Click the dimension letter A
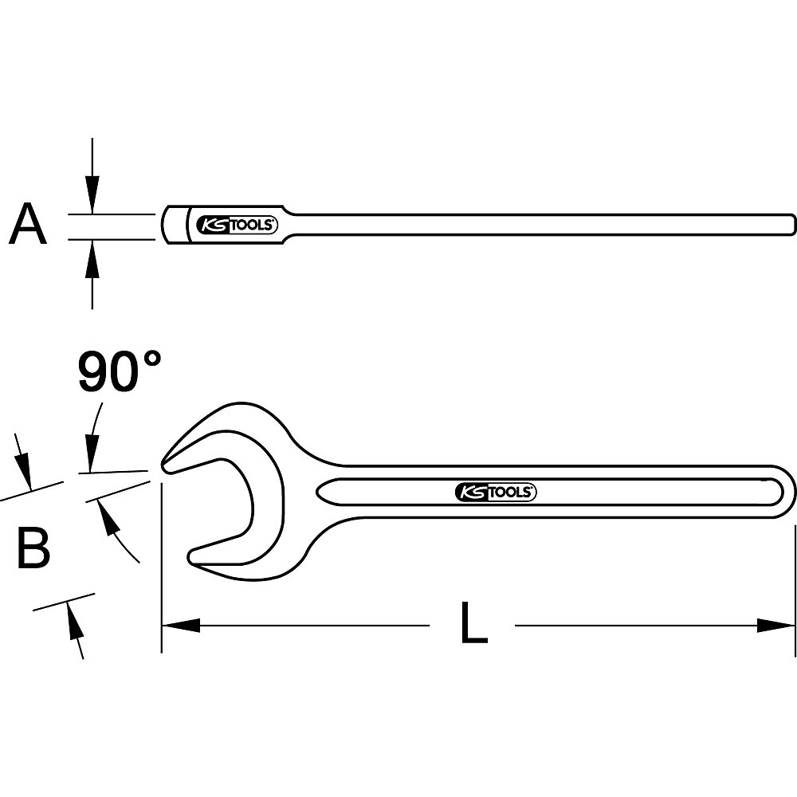pyautogui.click(x=28, y=225)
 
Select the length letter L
pyautogui.click(x=473, y=623)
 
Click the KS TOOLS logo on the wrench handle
pyautogui.click(x=495, y=493)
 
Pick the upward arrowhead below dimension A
pyautogui.click(x=93, y=253)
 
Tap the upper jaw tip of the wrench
pyautogui.click(x=165, y=463)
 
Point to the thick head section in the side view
pyautogui.click(x=177, y=226)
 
